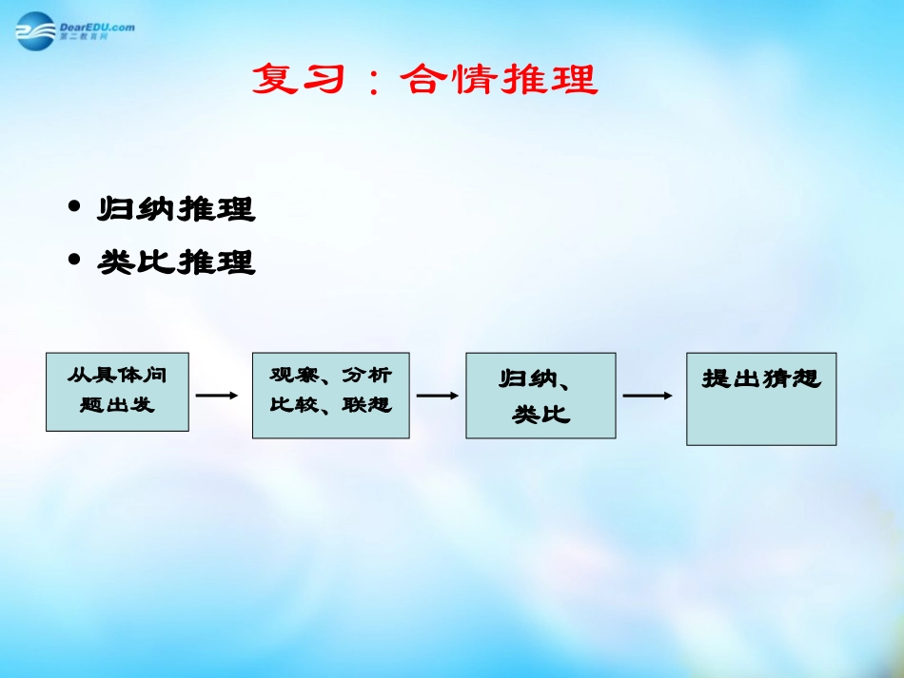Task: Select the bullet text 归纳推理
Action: [x=176, y=209]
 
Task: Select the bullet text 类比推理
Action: [x=176, y=262]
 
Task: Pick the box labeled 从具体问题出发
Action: [x=117, y=391]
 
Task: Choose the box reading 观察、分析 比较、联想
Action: [x=330, y=395]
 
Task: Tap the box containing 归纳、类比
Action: [x=540, y=396]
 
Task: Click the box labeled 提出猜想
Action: [x=761, y=398]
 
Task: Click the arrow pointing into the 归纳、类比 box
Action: [x=438, y=395]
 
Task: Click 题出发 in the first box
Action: [x=117, y=405]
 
